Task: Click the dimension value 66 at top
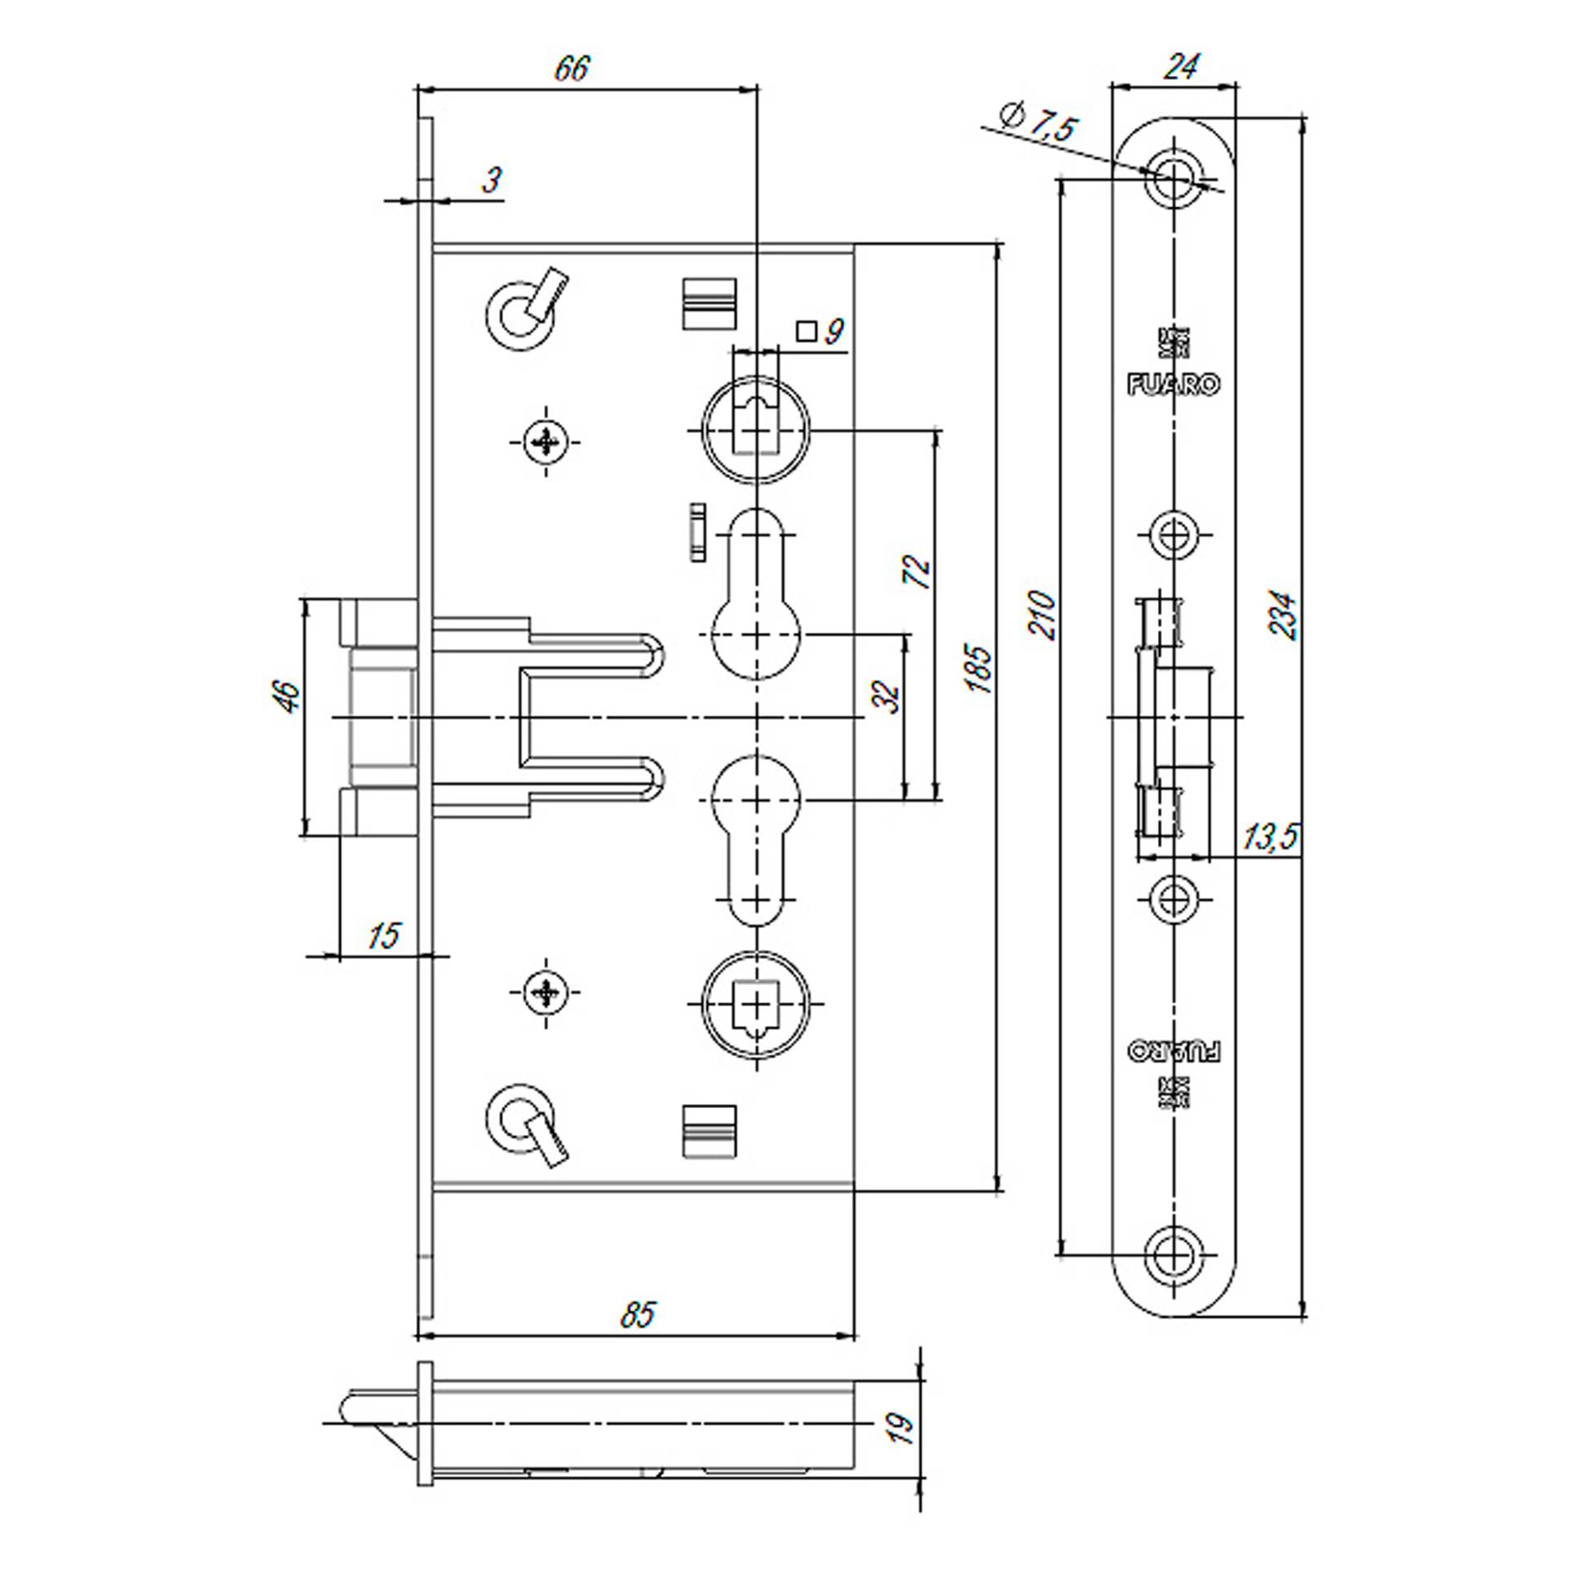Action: tap(571, 68)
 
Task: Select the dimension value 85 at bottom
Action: tap(637, 1315)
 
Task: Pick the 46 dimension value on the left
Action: tap(286, 696)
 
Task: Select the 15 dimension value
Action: tap(383, 935)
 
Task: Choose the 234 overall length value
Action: tap(1283, 615)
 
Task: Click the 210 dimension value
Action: tap(1042, 615)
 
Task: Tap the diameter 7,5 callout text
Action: tap(1039, 125)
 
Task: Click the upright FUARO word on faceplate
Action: tap(1173, 384)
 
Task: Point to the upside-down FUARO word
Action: tap(1173, 1050)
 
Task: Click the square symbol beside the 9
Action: tap(806, 331)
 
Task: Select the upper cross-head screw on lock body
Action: tap(546, 443)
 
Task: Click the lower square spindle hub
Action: tap(758, 1003)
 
